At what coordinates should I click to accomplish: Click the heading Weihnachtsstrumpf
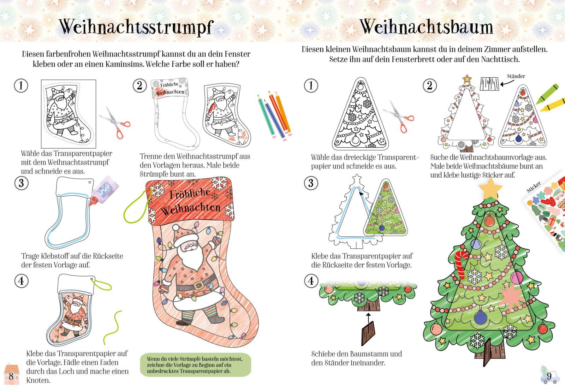pyautogui.click(x=136, y=27)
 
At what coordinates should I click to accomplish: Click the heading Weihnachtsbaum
pyautogui.click(x=426, y=26)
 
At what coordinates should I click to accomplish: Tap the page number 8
pyautogui.click(x=11, y=376)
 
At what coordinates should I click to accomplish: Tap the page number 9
pyautogui.click(x=549, y=377)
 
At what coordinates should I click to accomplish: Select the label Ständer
pyautogui.click(x=516, y=76)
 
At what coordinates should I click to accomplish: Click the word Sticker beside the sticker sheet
pyautogui.click(x=534, y=187)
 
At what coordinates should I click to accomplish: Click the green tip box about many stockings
pyautogui.click(x=196, y=365)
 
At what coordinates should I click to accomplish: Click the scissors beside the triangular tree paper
pyautogui.click(x=399, y=116)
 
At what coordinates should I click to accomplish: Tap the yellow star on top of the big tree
pyautogui.click(x=490, y=189)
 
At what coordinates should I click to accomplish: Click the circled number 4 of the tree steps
pyautogui.click(x=311, y=281)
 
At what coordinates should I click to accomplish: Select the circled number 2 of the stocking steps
pyautogui.click(x=139, y=86)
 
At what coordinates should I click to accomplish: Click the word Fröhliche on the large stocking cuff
pyautogui.click(x=190, y=194)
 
